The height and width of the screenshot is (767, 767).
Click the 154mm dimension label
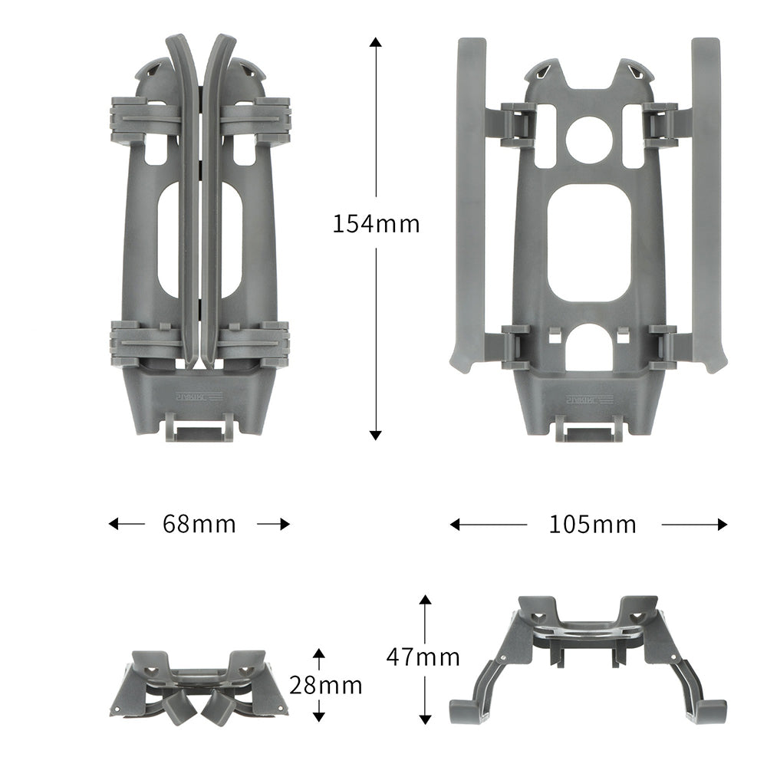point(376,224)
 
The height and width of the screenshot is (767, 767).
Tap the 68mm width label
point(199,525)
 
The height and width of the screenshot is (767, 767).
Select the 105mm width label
point(593,525)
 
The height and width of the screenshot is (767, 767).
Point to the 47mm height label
point(423,657)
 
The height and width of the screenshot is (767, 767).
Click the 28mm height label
point(325,685)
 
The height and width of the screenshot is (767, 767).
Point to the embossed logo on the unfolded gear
point(589,399)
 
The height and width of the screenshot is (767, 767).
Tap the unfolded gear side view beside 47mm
point(588,656)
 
